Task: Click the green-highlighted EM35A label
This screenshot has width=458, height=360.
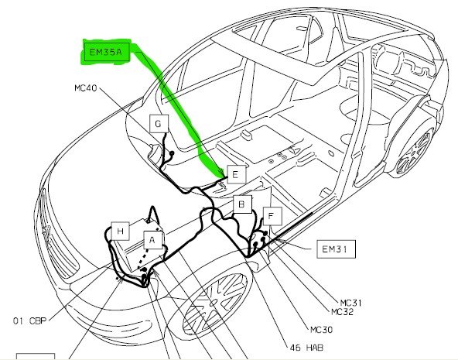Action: pyautogui.click(x=106, y=53)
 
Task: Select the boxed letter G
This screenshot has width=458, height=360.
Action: pyautogui.click(x=159, y=124)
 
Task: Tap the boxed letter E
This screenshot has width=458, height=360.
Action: pyautogui.click(x=236, y=174)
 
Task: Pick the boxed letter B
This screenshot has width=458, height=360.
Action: pyautogui.click(x=242, y=204)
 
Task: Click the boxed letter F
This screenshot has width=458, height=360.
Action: pyautogui.click(x=272, y=216)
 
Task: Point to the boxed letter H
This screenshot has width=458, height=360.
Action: pyautogui.click(x=121, y=231)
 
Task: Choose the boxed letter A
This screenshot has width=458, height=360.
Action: pyautogui.click(x=152, y=240)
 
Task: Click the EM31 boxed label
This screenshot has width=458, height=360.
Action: pyautogui.click(x=337, y=249)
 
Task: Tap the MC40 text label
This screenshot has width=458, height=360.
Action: pyautogui.click(x=86, y=87)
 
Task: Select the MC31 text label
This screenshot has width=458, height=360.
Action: pyautogui.click(x=350, y=303)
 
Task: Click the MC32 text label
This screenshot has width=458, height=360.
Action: pyautogui.click(x=342, y=312)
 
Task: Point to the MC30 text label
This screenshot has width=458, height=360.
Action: pyautogui.click(x=321, y=330)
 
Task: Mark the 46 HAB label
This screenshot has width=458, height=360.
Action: pyautogui.click(x=306, y=348)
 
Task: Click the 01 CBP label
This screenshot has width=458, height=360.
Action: pyautogui.click(x=30, y=321)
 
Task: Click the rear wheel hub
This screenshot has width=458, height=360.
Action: pyautogui.click(x=415, y=152)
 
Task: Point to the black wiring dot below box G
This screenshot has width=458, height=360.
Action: pyautogui.click(x=172, y=153)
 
